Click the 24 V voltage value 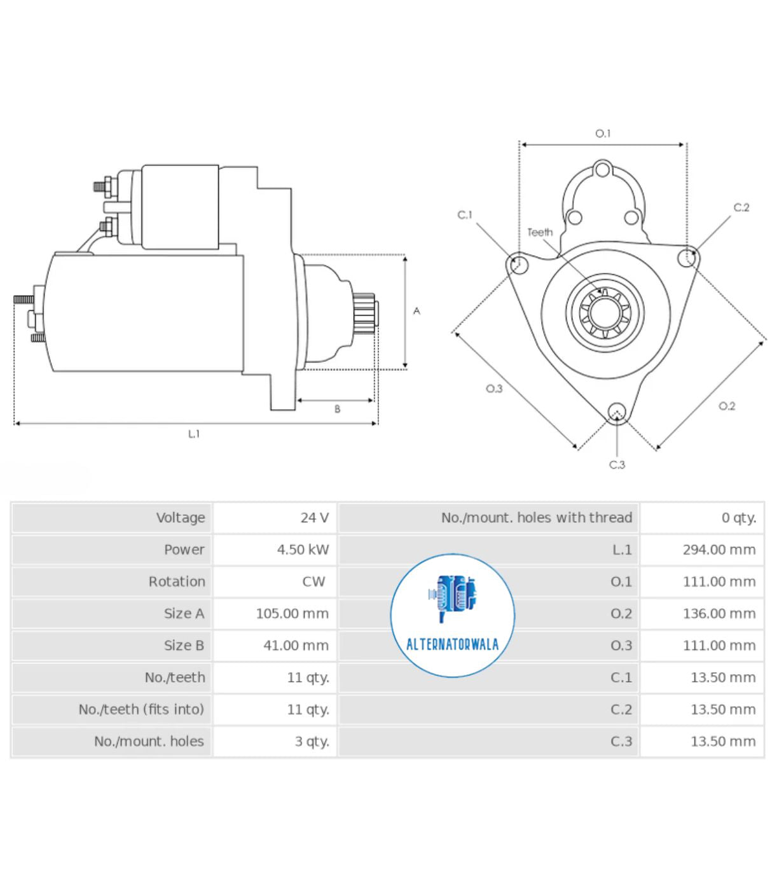[x=314, y=518]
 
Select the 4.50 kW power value [x=303, y=550]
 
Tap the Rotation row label [x=176, y=581]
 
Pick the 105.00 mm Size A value [x=292, y=614]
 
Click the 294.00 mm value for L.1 [x=719, y=550]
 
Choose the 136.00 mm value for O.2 [x=719, y=614]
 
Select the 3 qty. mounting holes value [x=312, y=742]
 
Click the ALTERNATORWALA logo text [x=452, y=644]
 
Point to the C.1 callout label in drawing [x=465, y=215]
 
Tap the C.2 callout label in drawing [x=741, y=207]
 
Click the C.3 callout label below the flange [x=617, y=465]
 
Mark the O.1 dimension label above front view [x=602, y=134]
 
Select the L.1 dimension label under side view [x=194, y=434]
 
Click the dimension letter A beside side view [x=417, y=311]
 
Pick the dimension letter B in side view [x=337, y=409]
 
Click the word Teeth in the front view [x=540, y=233]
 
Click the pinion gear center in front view [x=604, y=312]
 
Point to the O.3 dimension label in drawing [x=494, y=389]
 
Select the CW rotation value [x=314, y=581]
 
